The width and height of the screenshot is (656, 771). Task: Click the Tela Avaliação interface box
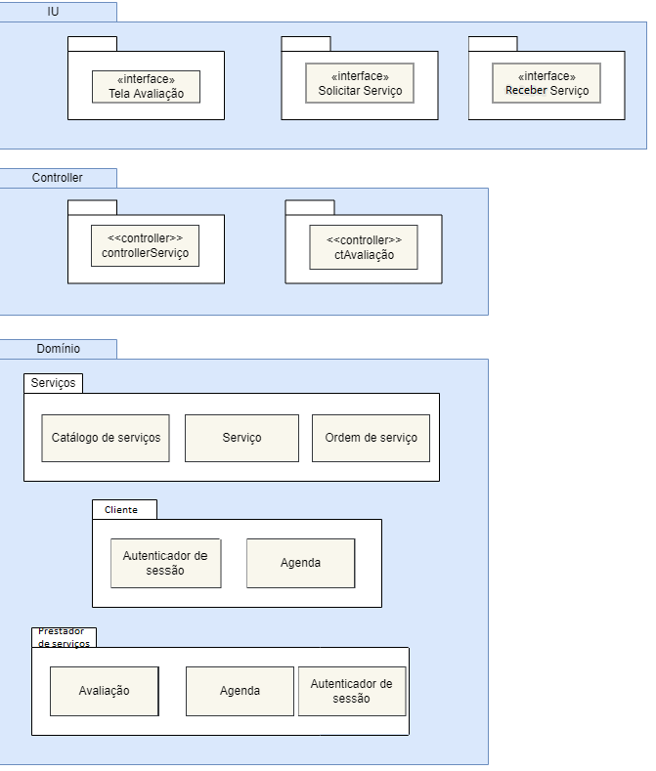coord(146,87)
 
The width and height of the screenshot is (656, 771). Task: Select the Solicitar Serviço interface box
coord(360,83)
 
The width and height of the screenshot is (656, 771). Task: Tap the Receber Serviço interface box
coord(547,83)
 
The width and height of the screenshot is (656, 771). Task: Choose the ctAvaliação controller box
coord(364,247)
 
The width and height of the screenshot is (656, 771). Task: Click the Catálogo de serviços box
coord(106,437)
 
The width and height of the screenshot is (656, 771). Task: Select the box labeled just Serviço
coord(241,437)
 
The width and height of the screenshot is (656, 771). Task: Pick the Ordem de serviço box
coord(371,437)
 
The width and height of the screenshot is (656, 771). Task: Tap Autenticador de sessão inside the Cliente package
coord(165,563)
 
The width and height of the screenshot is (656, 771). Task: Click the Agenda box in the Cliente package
coord(300,563)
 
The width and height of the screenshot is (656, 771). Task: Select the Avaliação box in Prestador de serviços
coord(104,691)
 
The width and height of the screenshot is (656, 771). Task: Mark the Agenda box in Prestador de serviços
coord(240,691)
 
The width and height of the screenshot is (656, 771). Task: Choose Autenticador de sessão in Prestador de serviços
coord(352,691)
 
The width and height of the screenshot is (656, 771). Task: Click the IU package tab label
coord(58,12)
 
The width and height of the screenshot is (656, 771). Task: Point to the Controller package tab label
coord(58,178)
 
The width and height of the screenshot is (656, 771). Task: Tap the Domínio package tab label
coord(58,349)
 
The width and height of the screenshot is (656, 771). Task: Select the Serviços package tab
coord(53,383)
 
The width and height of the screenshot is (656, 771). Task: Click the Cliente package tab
coord(123,509)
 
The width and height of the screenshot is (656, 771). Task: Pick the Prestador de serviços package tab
coord(64,637)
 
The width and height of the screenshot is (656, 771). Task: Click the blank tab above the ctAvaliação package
coord(309,207)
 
